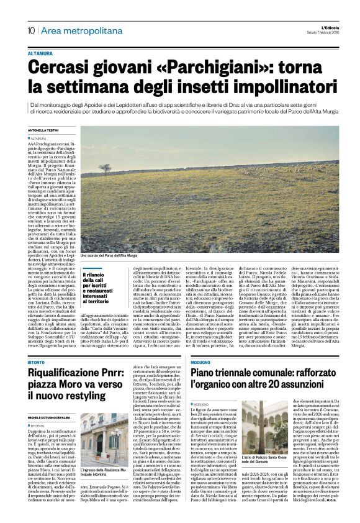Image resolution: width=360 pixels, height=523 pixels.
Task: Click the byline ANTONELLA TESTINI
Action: pyautogui.click(x=42, y=130)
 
